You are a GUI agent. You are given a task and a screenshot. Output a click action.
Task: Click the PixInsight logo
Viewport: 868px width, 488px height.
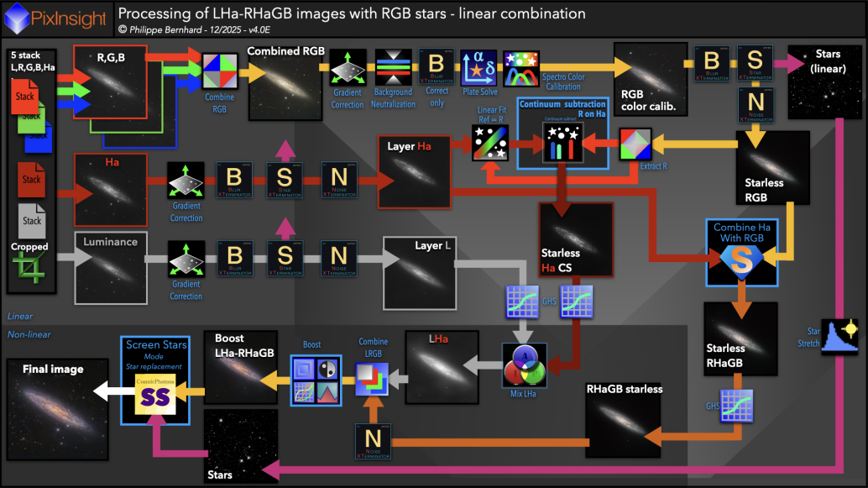(56, 15)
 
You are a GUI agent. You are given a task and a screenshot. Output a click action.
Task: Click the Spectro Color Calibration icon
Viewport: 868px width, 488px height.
(521, 67)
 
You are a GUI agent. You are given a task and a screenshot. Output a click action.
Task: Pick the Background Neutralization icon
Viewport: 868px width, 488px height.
(394, 68)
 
